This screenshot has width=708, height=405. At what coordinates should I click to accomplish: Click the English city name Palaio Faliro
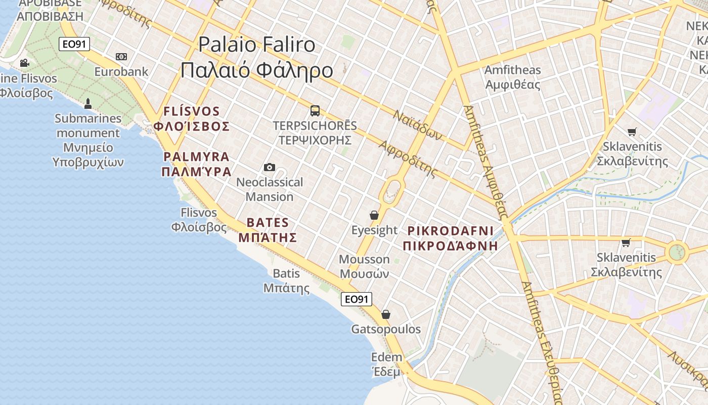(256, 45)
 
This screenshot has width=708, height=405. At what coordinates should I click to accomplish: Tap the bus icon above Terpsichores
(315, 110)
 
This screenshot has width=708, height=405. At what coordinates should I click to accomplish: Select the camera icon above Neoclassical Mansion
(270, 167)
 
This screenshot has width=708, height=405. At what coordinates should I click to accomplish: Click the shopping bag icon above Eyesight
(374, 215)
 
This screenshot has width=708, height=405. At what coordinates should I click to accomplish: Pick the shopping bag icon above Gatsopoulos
(386, 314)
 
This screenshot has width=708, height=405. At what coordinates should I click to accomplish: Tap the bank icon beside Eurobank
(121, 57)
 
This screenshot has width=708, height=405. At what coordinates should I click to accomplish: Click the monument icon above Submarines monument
(88, 104)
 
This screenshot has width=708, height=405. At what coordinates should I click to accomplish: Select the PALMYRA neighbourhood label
(197, 157)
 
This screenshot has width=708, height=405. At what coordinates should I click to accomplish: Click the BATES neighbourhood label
(268, 223)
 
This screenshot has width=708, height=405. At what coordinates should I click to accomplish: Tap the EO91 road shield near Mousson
(356, 299)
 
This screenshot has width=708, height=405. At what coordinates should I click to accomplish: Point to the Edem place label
(387, 357)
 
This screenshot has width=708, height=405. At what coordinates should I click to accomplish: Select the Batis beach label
(286, 274)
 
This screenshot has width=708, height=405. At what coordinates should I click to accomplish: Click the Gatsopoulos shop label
(386, 329)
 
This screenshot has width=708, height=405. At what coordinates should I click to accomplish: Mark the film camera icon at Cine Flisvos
(24, 63)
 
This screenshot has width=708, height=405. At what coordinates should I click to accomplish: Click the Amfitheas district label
(512, 70)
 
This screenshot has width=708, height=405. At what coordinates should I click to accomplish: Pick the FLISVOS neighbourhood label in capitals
(192, 111)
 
